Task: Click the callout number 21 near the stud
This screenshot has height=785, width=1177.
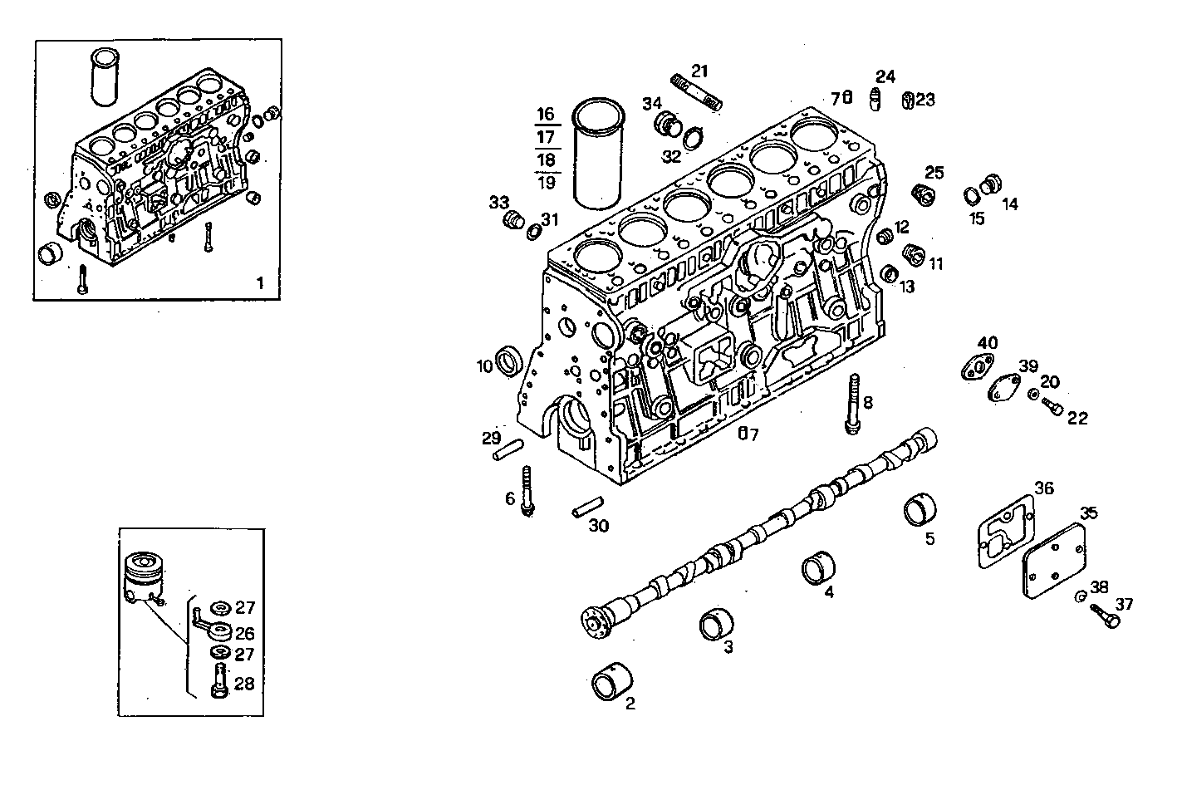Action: coord(699,71)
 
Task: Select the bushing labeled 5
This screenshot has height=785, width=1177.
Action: coord(920,509)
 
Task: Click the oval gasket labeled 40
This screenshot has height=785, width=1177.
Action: coord(976,366)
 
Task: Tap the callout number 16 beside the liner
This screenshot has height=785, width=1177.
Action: coord(545,114)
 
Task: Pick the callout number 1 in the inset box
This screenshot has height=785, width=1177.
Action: coord(260,282)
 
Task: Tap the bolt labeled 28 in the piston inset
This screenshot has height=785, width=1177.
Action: coord(220,681)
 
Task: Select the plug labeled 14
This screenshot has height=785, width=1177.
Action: coord(990,184)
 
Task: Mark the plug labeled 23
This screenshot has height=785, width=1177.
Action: coord(908,101)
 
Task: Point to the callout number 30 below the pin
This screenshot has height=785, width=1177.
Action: coord(598,525)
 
